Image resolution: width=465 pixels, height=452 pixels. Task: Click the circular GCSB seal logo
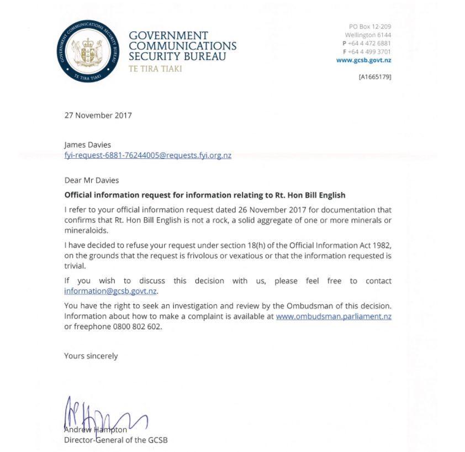click(x=88, y=51)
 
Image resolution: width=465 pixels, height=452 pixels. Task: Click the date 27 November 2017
click(x=98, y=116)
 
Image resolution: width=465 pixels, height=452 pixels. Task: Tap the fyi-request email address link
click(x=147, y=155)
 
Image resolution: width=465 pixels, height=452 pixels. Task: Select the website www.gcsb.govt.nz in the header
click(x=363, y=60)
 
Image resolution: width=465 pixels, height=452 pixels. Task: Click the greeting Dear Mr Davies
click(x=91, y=180)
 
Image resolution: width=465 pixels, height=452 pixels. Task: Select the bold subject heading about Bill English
click(x=204, y=195)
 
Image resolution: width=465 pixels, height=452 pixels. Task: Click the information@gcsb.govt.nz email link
click(x=110, y=291)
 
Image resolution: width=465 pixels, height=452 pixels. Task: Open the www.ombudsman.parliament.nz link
click(x=334, y=316)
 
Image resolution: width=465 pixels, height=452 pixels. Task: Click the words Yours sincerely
click(x=91, y=356)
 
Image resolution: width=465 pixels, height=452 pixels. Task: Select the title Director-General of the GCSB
click(x=115, y=440)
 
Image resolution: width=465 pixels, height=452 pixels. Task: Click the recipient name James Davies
click(x=87, y=145)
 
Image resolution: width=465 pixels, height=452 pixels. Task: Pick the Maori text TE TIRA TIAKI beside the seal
click(x=155, y=69)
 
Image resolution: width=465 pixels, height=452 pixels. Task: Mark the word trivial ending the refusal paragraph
click(x=75, y=266)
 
